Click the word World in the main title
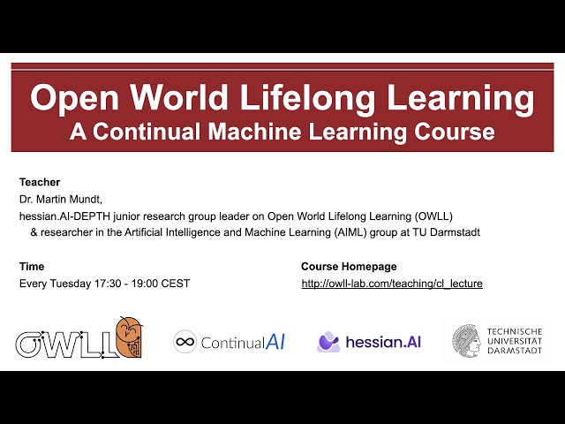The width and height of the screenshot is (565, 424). (x=179, y=97)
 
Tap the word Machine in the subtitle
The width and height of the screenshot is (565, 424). (x=254, y=132)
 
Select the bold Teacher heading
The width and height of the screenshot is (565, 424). (x=40, y=182)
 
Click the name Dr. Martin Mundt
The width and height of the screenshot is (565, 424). (x=60, y=199)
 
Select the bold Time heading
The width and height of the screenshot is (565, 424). (x=32, y=267)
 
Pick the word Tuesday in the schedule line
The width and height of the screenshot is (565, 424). (x=71, y=284)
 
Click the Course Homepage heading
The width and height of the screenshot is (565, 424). (x=349, y=267)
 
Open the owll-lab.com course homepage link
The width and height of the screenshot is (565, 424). (x=392, y=284)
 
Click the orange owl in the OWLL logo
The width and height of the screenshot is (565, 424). (x=130, y=337)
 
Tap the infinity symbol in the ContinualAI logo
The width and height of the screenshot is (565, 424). (x=185, y=342)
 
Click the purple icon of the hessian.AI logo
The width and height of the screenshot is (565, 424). (x=328, y=342)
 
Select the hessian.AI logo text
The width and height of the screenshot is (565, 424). (x=383, y=342)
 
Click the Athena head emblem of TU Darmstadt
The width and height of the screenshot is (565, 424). (x=467, y=341)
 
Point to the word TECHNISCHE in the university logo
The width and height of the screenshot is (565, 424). (x=515, y=332)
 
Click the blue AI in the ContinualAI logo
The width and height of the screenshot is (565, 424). (x=275, y=342)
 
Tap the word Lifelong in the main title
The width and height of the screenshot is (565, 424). (x=307, y=98)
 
